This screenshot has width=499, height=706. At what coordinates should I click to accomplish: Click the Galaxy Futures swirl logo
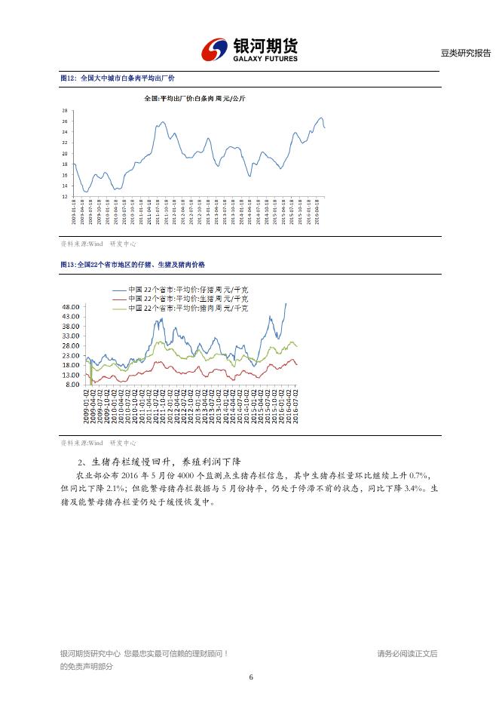tap(215, 51)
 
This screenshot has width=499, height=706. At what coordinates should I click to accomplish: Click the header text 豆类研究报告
tap(465, 53)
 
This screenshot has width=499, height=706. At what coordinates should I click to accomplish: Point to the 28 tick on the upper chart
tap(65, 111)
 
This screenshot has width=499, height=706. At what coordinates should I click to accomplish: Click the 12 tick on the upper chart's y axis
tap(65, 196)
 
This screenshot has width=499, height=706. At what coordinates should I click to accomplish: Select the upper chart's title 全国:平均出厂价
tap(194, 99)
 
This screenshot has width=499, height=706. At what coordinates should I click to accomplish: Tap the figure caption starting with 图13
tap(132, 265)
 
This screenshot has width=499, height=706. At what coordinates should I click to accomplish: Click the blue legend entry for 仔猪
tap(179, 290)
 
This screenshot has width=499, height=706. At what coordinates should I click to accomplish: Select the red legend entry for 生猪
tap(179, 299)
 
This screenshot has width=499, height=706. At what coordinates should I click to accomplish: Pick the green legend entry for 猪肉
tap(179, 308)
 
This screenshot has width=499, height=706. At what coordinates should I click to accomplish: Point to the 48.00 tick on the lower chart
tap(71, 307)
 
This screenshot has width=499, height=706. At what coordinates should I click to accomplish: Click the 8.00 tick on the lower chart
tap(72, 385)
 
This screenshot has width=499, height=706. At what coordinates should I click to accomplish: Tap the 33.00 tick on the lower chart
tap(71, 336)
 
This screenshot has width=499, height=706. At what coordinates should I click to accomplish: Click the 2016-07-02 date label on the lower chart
tap(297, 407)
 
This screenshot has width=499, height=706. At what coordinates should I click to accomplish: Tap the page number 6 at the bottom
tap(250, 677)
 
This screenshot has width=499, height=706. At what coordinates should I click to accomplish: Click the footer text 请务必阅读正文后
tap(407, 653)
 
